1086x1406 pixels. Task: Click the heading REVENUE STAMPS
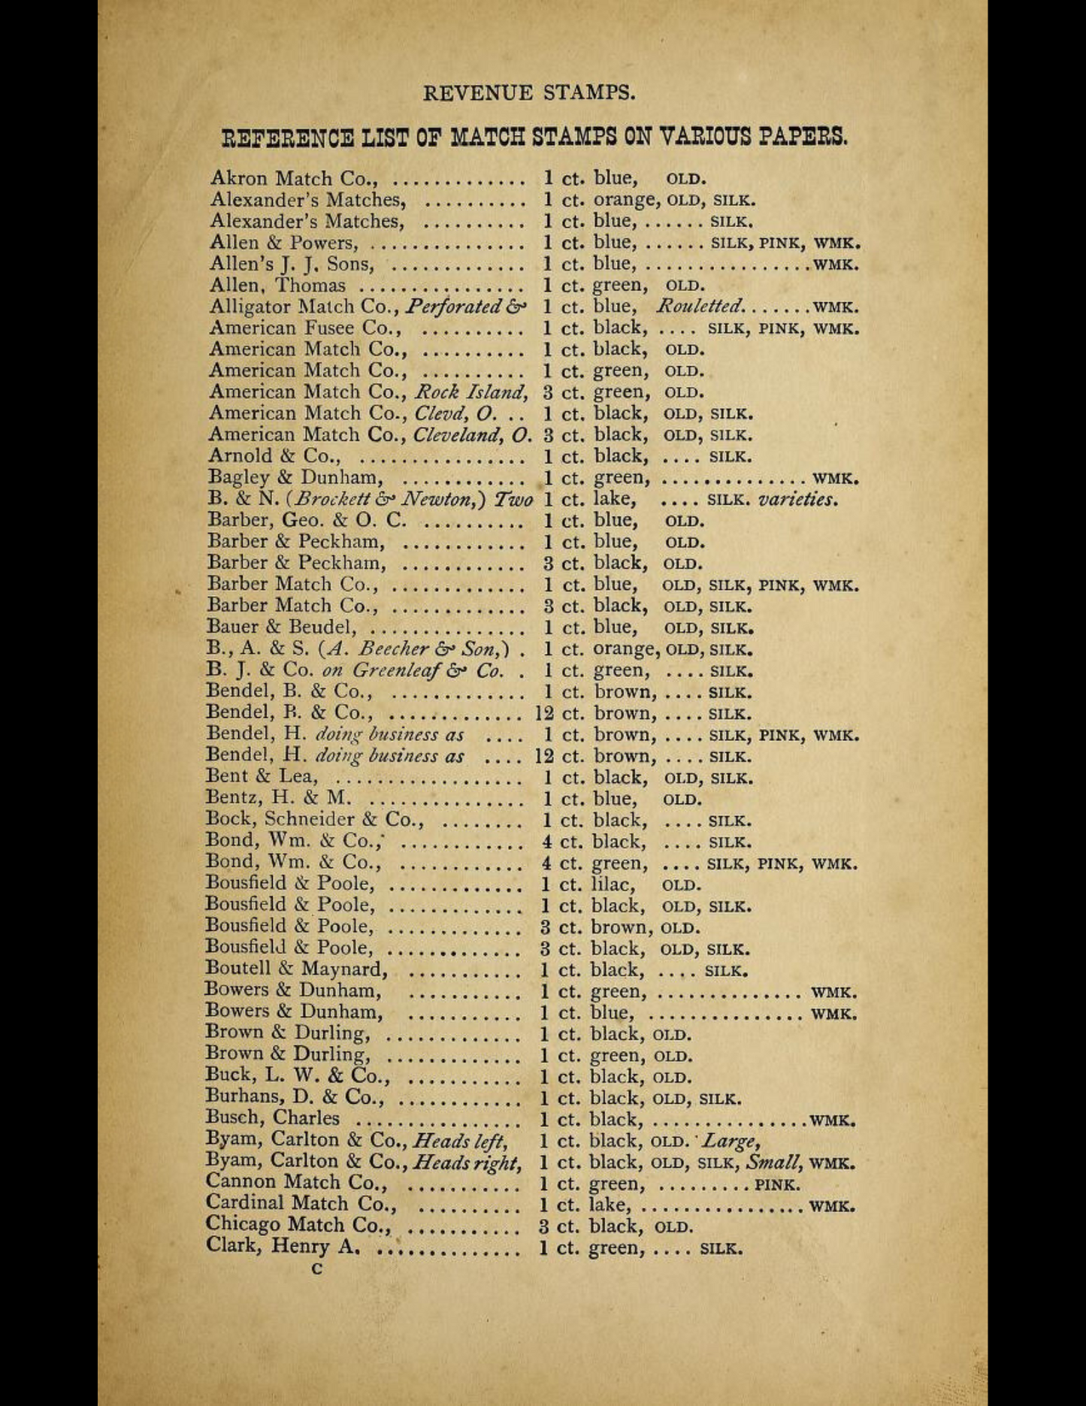tap(529, 92)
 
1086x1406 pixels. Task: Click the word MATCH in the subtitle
tap(489, 137)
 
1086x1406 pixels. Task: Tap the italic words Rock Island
tap(471, 392)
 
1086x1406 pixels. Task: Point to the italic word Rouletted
tap(700, 307)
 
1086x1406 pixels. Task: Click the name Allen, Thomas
tap(277, 286)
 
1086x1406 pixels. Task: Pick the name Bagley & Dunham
tap(295, 478)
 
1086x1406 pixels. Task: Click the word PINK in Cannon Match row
tap(776, 1185)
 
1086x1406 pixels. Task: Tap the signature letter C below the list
tap(316, 1268)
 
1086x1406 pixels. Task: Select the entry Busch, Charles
tap(272, 1118)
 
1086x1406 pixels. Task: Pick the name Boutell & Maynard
tap(297, 969)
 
